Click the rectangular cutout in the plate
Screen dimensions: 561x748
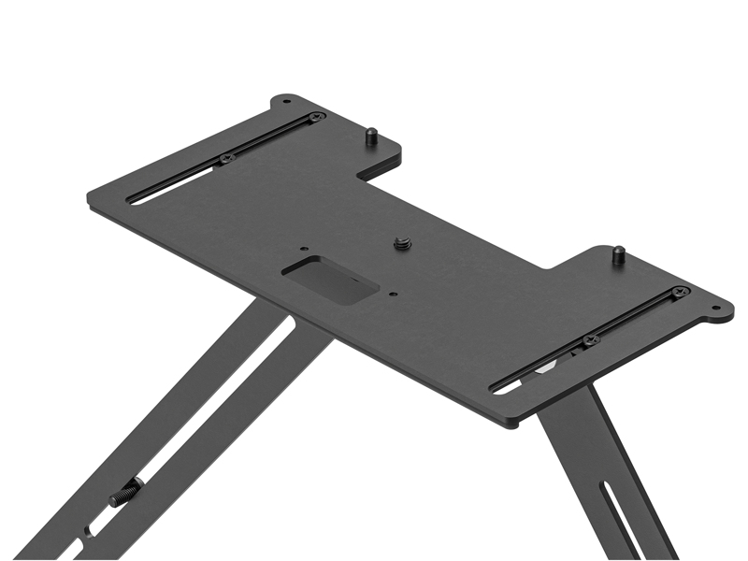pos(330,279)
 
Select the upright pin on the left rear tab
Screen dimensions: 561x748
pos(370,136)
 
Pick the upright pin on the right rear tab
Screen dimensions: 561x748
pos(618,254)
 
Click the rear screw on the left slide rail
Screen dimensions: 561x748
pos(317,117)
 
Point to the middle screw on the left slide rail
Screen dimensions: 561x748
pos(225,159)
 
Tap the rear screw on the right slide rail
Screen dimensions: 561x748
pos(680,292)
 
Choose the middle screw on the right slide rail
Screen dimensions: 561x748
pos(589,340)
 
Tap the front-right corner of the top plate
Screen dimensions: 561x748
pos(512,424)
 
